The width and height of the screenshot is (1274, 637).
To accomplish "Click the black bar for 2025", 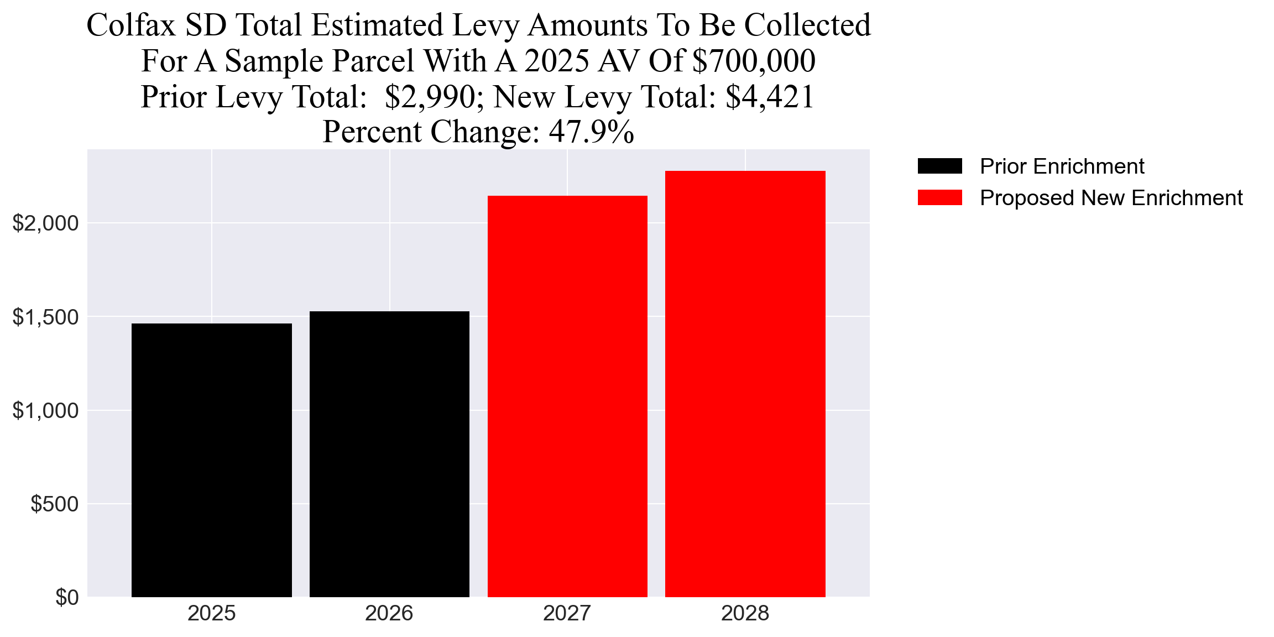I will pyautogui.click(x=212, y=460).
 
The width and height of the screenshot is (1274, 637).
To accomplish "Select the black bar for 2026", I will pyautogui.click(x=389, y=454).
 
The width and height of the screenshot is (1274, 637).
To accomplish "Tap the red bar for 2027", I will pyautogui.click(x=567, y=396).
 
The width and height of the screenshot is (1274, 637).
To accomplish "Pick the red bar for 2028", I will pyautogui.click(x=745, y=384).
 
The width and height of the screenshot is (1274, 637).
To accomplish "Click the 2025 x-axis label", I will pyautogui.click(x=212, y=613).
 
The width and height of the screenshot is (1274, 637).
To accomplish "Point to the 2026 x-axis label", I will pyautogui.click(x=389, y=613).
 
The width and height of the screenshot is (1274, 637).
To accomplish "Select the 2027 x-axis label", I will pyautogui.click(x=567, y=613).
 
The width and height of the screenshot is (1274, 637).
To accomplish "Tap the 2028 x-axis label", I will pyautogui.click(x=745, y=613).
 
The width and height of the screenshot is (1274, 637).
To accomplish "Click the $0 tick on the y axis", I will pyautogui.click(x=67, y=598).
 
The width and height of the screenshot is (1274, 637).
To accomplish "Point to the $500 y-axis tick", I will pyautogui.click(x=55, y=504).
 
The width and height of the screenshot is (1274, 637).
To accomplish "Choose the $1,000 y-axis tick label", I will pyautogui.click(x=46, y=411).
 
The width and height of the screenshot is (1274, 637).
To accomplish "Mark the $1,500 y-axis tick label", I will pyautogui.click(x=46, y=317).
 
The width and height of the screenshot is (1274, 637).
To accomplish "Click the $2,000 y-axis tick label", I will pyautogui.click(x=46, y=223).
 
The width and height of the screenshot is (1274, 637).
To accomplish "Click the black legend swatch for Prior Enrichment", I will pyautogui.click(x=939, y=166).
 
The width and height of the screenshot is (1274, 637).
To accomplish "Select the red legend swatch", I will pyautogui.click(x=939, y=197).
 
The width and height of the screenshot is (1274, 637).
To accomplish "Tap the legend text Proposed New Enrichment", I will pyautogui.click(x=1111, y=197).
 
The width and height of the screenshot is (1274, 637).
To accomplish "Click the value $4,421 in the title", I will pyautogui.click(x=770, y=97).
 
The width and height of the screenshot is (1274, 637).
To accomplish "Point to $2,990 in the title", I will pyautogui.click(x=430, y=97).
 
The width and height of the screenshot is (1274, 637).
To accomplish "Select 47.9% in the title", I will pyautogui.click(x=591, y=132).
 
